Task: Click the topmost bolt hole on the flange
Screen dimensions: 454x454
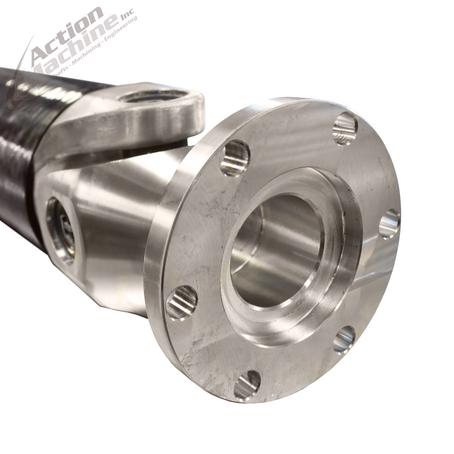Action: pos(345,128)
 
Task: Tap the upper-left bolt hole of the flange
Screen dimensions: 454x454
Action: pos(235,158)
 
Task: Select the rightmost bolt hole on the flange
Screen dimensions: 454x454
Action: pos(389,223)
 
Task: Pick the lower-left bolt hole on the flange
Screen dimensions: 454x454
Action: pos(182,302)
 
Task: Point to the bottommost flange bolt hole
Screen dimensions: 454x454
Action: pos(247,385)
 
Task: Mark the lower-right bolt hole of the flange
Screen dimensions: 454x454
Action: pos(344,339)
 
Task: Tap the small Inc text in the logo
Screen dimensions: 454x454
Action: pos(130,18)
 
